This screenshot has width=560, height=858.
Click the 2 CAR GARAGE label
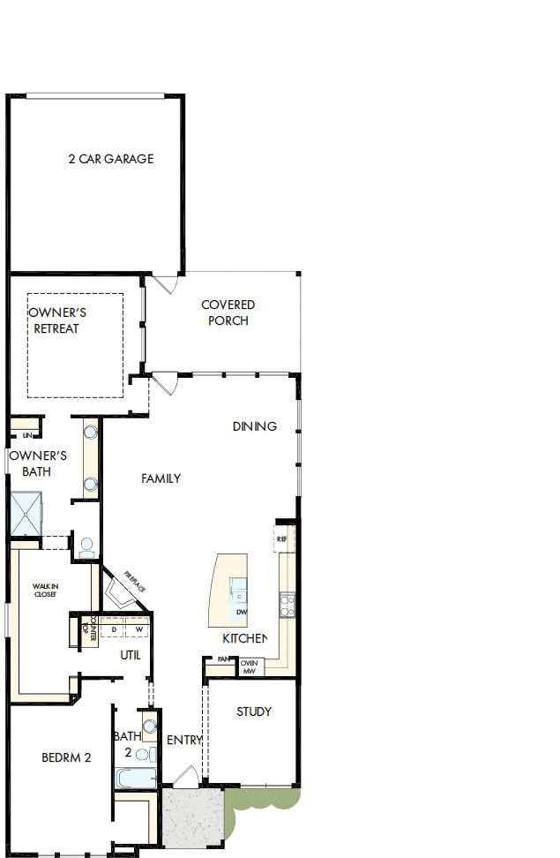click(x=110, y=159)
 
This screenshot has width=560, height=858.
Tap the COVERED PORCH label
click(x=228, y=312)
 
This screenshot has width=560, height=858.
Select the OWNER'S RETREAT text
click(x=57, y=320)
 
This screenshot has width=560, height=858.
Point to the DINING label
click(x=255, y=426)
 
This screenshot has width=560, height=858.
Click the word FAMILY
click(x=161, y=478)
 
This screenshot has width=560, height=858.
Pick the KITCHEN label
click(x=244, y=638)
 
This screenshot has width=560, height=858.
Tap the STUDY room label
click(x=254, y=711)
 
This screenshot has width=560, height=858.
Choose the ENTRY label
click(x=184, y=740)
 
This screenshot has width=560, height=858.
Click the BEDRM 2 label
click(x=66, y=756)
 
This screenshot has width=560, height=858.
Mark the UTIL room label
click(x=131, y=655)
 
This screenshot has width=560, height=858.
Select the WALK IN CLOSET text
click(x=45, y=590)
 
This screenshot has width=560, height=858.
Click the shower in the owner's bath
click(x=25, y=514)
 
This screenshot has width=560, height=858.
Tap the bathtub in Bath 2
click(x=136, y=778)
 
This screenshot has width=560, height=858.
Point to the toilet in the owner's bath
click(x=86, y=547)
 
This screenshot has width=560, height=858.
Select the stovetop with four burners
click(x=287, y=605)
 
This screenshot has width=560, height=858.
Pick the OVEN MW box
click(x=250, y=667)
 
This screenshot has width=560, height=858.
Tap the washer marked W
click(x=138, y=629)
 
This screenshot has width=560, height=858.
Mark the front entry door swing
click(x=185, y=777)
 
